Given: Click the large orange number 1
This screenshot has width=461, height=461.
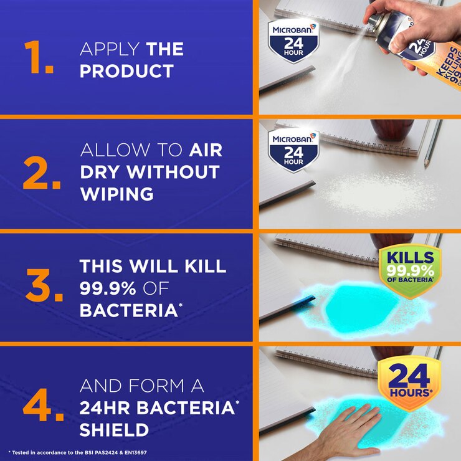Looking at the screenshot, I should coord(39,59).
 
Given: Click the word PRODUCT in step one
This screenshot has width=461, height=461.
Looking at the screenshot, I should coord(126,71).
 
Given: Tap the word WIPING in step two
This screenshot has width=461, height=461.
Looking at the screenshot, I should coord(116,194).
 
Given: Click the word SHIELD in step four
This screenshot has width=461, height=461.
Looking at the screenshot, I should coord(114,429).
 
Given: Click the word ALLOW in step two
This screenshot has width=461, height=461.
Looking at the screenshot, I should coord(115,151).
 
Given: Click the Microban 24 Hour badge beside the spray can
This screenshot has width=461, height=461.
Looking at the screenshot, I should coord(293,41).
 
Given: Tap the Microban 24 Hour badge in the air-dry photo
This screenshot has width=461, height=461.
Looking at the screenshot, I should coord(293,150).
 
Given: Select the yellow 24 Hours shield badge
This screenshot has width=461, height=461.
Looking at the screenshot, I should coord(409,382).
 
